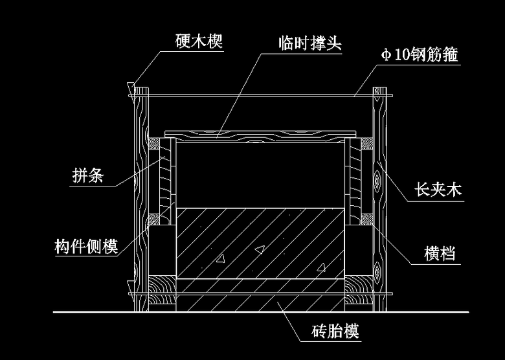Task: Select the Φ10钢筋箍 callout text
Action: pyautogui.click(x=420, y=55)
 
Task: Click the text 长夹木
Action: pyautogui.click(x=438, y=190)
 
